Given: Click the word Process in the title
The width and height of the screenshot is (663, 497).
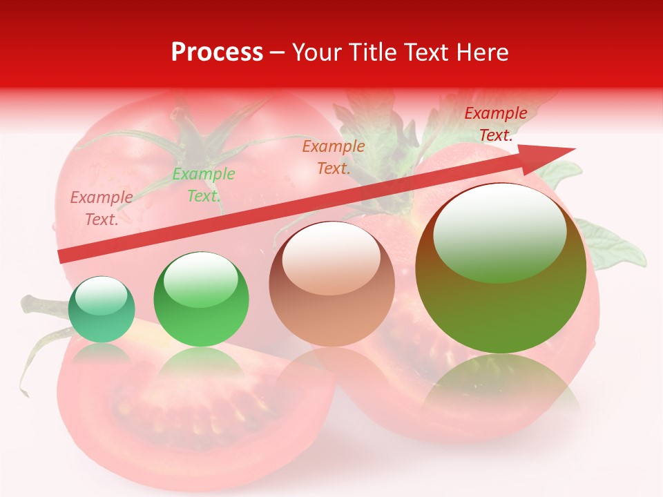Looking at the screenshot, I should [x=217, y=52].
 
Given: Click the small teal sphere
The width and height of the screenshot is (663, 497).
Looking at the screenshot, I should [x=102, y=309].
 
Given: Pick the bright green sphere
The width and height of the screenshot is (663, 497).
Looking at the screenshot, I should [x=201, y=300].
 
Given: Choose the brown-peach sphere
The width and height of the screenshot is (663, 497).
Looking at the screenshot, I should [x=331, y=284].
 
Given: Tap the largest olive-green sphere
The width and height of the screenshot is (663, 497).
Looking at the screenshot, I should [x=501, y=269].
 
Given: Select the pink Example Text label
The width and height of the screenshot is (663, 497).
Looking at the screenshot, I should [x=102, y=208].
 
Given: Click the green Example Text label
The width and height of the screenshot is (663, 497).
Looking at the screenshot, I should [x=204, y=185].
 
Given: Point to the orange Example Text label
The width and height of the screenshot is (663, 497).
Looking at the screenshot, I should [x=334, y=157].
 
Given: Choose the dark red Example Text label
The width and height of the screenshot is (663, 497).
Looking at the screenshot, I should [x=495, y=124].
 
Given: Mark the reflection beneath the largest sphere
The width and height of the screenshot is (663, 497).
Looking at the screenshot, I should [x=501, y=387].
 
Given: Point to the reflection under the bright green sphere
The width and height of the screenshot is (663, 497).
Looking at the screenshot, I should [x=201, y=366].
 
